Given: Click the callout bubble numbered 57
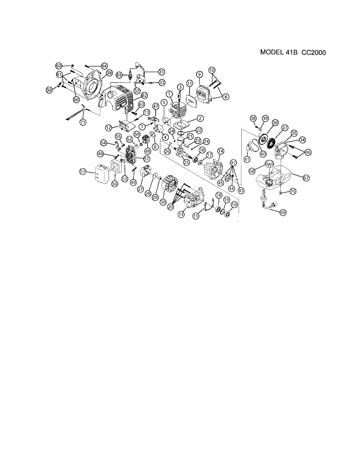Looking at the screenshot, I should click(83, 172).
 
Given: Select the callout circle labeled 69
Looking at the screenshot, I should click(283, 212).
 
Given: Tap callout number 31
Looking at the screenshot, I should click(161, 71).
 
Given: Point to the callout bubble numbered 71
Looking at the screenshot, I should click(83, 122).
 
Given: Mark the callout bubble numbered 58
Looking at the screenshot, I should click(109, 73).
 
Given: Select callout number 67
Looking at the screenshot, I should click(306, 177).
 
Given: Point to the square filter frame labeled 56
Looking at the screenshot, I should click(116, 169).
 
